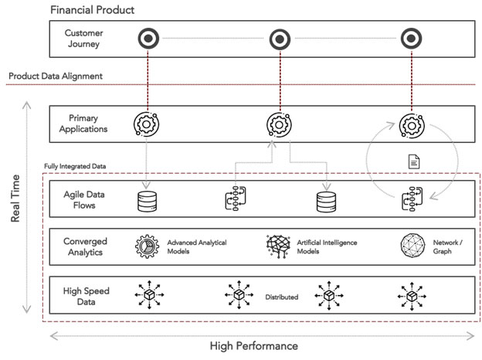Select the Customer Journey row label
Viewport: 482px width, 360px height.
pos(83,39)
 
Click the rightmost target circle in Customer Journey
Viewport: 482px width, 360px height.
pos(409,39)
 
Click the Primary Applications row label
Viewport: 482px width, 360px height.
pos(84,124)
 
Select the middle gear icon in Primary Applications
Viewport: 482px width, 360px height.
pos(277,124)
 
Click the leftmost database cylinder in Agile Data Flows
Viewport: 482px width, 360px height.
pos(146,201)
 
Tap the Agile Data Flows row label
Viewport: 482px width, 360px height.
pos(84,200)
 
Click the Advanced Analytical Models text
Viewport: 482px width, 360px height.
pos(197,247)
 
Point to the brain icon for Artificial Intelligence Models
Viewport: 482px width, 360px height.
pos(277,246)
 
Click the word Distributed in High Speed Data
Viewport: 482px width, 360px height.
pos(282,297)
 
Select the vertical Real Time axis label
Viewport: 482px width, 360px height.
pos(15,209)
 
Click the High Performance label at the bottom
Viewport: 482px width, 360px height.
pos(253,346)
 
